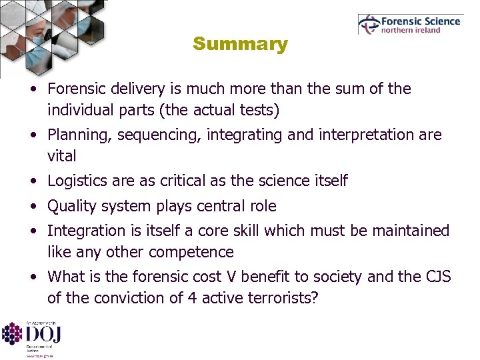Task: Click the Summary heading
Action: point(240,45)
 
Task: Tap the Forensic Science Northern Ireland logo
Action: point(409,25)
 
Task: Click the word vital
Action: point(62,157)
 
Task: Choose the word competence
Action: point(191,253)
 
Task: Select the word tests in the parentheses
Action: point(255,110)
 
